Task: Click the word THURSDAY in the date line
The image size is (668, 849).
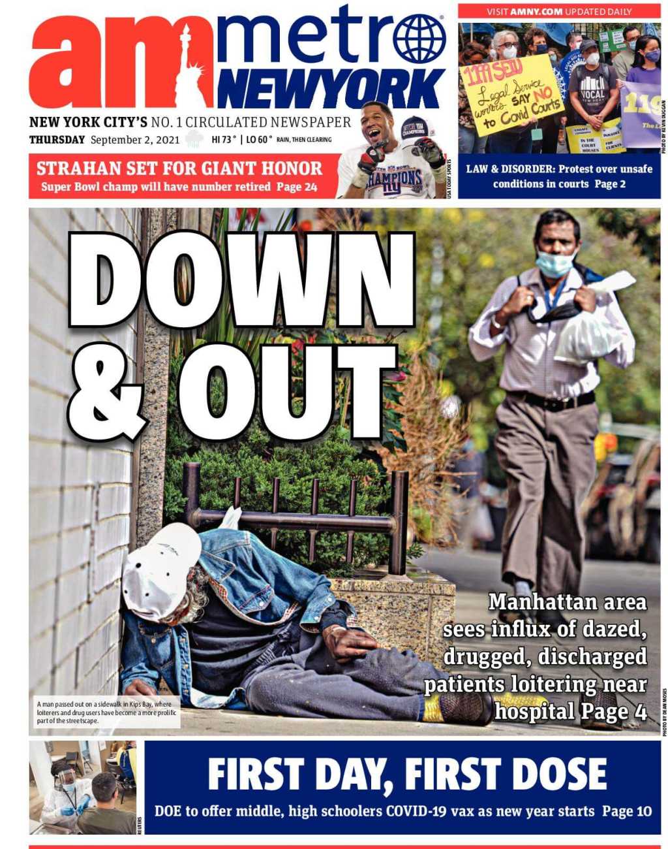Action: [57, 140]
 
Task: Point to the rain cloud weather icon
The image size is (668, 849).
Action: [194, 139]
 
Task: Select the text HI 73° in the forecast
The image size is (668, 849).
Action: [224, 140]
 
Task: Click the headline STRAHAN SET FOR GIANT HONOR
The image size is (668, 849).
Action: [179, 168]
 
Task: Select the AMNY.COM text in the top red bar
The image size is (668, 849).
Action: [536, 12]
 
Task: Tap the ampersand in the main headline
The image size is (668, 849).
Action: [106, 393]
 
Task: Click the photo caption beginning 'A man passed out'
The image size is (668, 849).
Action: [104, 713]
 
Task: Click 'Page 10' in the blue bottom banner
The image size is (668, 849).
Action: [626, 811]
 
